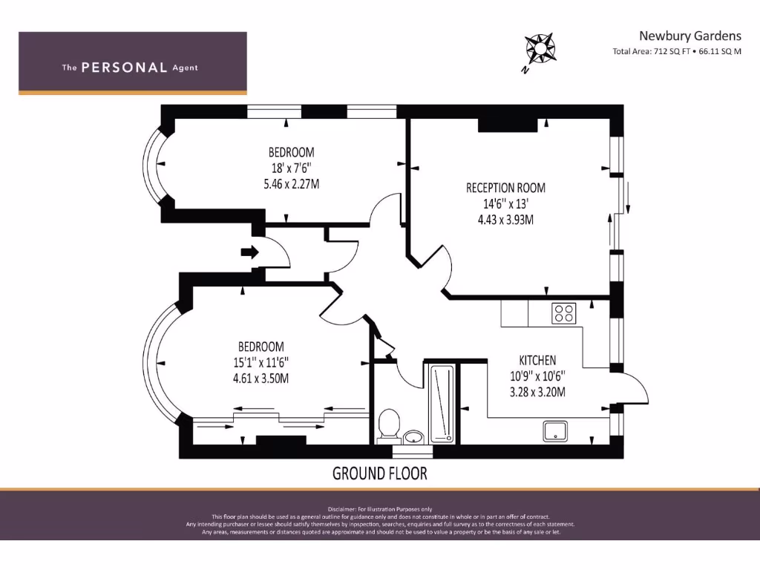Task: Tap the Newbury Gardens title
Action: click(690, 35)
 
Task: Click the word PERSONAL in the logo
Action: click(124, 68)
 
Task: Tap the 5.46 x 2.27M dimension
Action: click(292, 183)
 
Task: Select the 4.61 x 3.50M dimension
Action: click(261, 378)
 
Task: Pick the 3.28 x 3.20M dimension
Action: click(537, 392)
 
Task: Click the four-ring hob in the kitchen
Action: click(563, 313)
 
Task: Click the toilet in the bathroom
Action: click(388, 425)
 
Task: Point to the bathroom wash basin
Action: click(414, 436)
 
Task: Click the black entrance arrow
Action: click(249, 252)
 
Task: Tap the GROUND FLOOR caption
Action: click(379, 473)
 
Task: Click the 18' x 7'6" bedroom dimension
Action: click(292, 168)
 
